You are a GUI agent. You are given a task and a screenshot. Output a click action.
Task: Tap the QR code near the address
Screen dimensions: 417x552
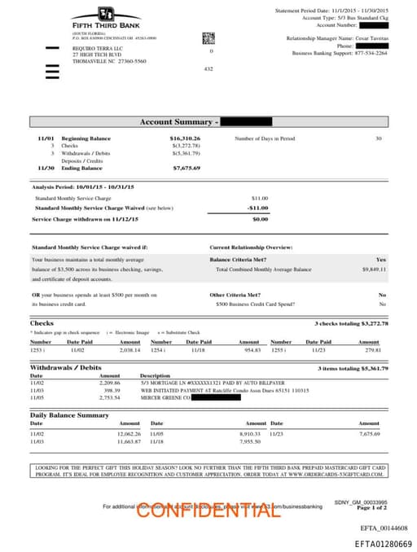pyautogui.click(x=208, y=38)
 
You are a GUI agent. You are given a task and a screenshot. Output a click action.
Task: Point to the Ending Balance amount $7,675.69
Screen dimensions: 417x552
pyautogui.click(x=187, y=168)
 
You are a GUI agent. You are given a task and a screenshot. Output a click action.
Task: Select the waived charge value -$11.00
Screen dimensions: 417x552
pyautogui.click(x=258, y=208)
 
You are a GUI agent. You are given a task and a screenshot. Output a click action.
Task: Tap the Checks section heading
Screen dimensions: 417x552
pyautogui.click(x=42, y=323)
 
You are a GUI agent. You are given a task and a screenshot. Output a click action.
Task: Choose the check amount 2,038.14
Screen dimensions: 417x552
pyautogui.click(x=129, y=350)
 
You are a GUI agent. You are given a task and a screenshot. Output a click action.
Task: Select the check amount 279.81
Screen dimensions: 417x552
pyautogui.click(x=372, y=350)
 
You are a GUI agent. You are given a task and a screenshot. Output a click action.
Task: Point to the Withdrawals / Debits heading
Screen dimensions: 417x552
pyautogui.click(x=66, y=368)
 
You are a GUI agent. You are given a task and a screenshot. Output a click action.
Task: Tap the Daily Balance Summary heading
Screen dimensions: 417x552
pyautogui.click(x=69, y=415)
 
